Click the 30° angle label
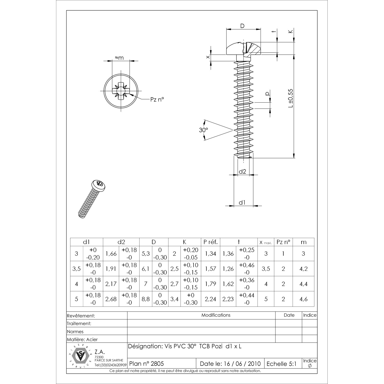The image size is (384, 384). coord(204,130)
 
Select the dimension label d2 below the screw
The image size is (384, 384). coord(242,172)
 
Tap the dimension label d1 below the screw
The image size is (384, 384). coord(242,202)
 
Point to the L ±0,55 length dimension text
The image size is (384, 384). coord(290,98)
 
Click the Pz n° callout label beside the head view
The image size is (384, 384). coord(157,100)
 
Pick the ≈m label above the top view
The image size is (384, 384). coord(119,58)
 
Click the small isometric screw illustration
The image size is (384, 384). coord(92,199)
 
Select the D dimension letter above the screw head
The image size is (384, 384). coord(242,26)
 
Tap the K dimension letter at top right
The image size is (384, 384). coord(290,31)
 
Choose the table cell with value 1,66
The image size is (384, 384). coord(111,254)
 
